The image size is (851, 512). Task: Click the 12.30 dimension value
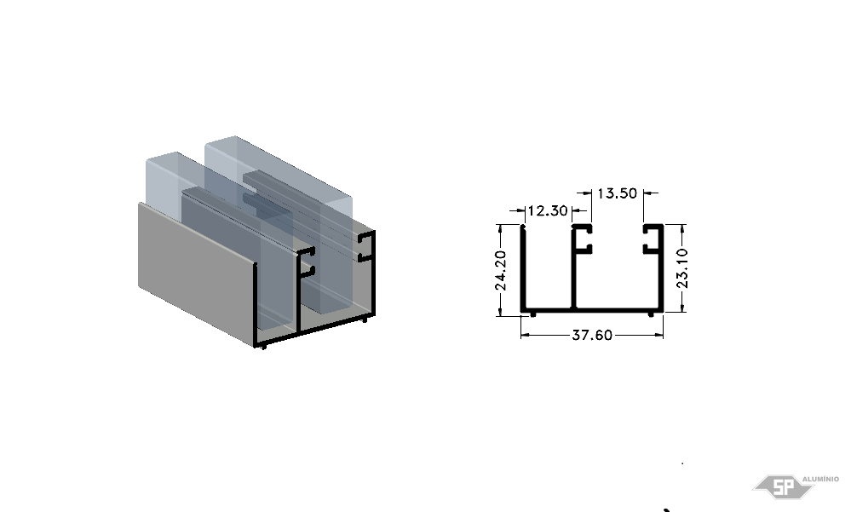point(548,210)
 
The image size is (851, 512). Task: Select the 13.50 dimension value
point(617,193)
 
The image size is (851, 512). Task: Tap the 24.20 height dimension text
point(501,270)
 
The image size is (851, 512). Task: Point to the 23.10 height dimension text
point(682,268)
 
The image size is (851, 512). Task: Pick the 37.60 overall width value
point(592,335)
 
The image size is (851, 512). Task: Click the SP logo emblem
point(783,486)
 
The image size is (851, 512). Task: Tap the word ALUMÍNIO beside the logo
point(820,479)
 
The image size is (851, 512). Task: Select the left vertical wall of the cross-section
point(523,268)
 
